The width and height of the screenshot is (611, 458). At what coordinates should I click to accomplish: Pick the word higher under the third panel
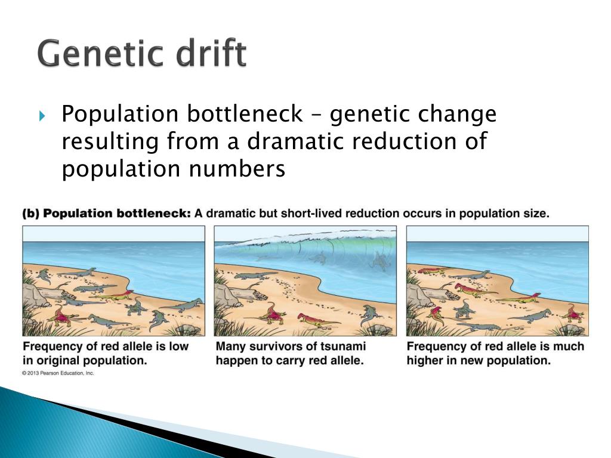[425, 361]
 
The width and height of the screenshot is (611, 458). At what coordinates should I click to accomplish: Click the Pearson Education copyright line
[58, 373]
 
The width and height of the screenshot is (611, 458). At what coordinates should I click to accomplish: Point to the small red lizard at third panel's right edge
[573, 312]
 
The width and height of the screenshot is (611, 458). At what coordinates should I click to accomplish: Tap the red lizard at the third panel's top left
[430, 271]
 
